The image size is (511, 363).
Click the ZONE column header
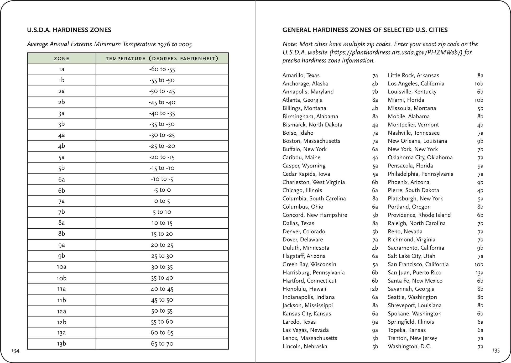point(61,59)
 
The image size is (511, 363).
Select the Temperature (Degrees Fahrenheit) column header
point(162,59)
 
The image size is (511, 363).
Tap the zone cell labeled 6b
point(61,190)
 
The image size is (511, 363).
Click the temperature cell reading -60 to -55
point(162,69)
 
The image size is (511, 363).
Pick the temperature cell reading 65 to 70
point(162,344)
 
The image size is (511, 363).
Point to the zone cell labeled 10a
point(61,267)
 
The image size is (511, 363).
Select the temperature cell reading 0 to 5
point(162,201)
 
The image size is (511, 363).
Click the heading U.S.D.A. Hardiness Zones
point(69,30)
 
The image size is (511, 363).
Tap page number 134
point(15,351)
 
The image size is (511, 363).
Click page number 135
point(496,350)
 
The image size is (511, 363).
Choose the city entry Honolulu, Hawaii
point(304,289)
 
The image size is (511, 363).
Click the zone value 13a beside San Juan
point(479,273)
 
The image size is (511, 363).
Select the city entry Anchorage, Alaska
point(305,84)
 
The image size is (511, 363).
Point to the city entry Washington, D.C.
point(409,346)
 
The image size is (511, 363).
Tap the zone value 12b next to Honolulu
point(374,289)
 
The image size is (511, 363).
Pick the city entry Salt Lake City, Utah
point(411,256)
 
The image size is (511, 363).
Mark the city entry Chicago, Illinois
point(302,190)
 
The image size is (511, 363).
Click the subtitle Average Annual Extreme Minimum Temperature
point(109,44)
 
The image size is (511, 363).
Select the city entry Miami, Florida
point(406,100)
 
